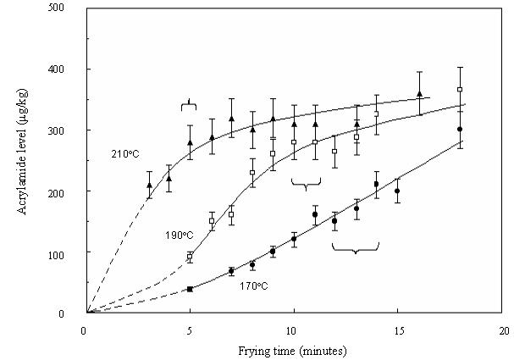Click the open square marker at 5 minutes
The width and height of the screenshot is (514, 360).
coord(190,256)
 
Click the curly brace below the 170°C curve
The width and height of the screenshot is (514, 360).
coord(355,246)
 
